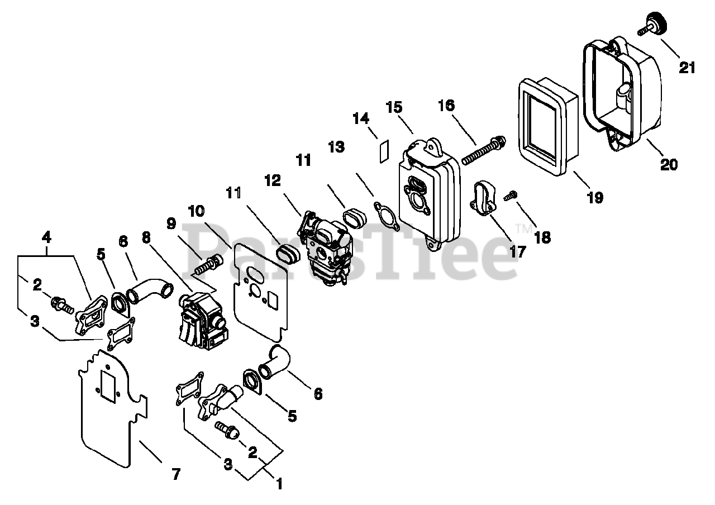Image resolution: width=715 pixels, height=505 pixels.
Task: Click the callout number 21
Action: [x=688, y=68]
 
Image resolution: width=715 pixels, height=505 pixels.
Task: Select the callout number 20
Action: [x=669, y=164]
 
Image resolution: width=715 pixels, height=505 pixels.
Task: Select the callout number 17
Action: [x=517, y=251]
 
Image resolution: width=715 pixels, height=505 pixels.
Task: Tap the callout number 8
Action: [x=146, y=237]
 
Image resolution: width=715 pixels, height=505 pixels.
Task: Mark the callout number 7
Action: [x=176, y=475]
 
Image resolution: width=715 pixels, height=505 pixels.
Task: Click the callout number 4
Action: [x=47, y=237]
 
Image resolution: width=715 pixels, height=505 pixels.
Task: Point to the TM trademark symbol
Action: [x=523, y=228]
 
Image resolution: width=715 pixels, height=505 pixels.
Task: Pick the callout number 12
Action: [x=273, y=181]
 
